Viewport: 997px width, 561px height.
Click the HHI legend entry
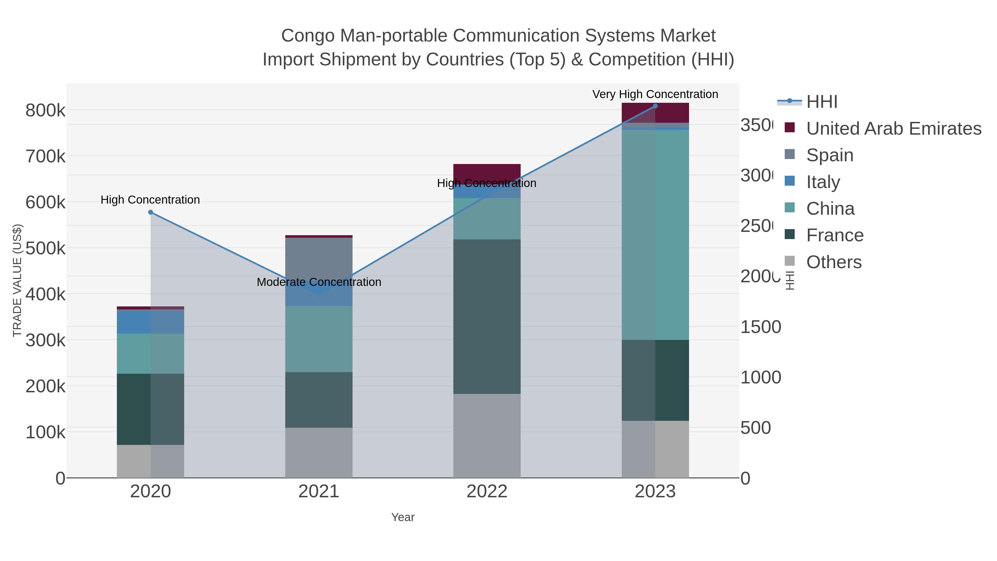[x=822, y=102]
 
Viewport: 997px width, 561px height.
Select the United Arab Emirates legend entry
[x=893, y=129]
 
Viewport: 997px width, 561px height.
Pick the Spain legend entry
[x=829, y=155]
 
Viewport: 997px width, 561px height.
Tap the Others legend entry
[x=834, y=262]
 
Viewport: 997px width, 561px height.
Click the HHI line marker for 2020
[x=151, y=212]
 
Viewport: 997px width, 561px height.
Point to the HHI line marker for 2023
[x=655, y=106]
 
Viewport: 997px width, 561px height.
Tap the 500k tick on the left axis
[x=45, y=249]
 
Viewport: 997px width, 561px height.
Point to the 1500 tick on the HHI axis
[x=760, y=327]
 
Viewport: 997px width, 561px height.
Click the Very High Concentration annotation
[x=655, y=94]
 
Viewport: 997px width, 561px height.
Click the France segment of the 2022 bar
[x=487, y=316]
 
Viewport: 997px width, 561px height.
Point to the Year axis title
[x=402, y=517]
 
